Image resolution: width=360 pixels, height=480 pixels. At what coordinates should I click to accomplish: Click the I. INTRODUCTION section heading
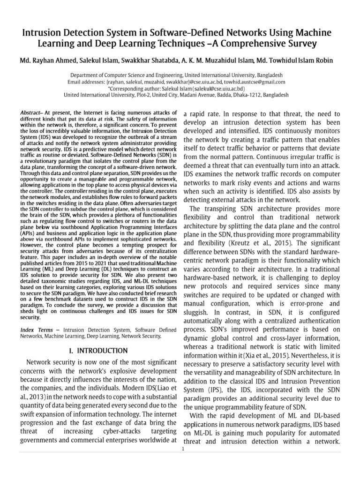pos(98,351)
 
